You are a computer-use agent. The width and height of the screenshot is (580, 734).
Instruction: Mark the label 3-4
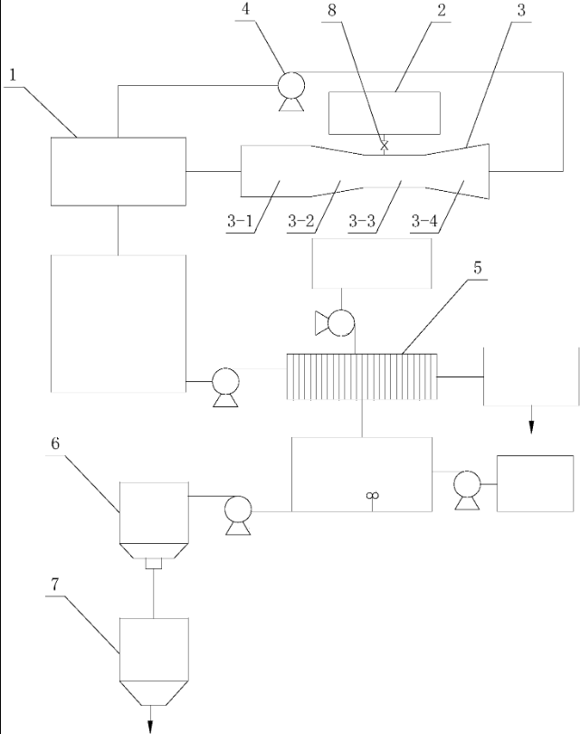430,221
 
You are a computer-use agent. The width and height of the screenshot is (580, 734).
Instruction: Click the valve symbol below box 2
385,145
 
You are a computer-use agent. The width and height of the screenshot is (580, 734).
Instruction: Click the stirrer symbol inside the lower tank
370,494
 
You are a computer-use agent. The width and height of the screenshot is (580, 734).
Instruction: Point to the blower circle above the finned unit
341,322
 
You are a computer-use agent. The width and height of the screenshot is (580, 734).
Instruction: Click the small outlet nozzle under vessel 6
153,563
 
